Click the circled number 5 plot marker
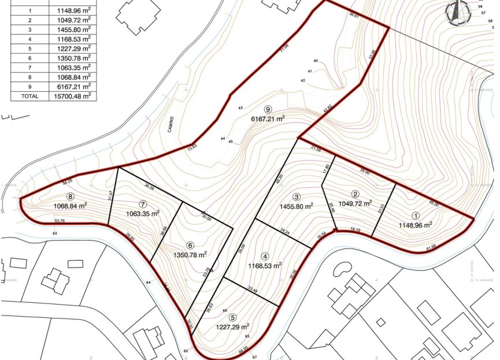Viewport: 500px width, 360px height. pyautogui.click(x=232, y=317)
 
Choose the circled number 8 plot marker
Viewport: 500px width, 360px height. pyautogui.click(x=71, y=196)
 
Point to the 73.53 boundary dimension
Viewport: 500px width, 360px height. pyautogui.click(x=192, y=147)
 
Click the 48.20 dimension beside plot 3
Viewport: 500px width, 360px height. pyautogui.click(x=281, y=179)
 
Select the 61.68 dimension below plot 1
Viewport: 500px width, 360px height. pyautogui.click(x=431, y=248)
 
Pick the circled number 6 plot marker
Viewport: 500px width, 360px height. pyautogui.click(x=190, y=244)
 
